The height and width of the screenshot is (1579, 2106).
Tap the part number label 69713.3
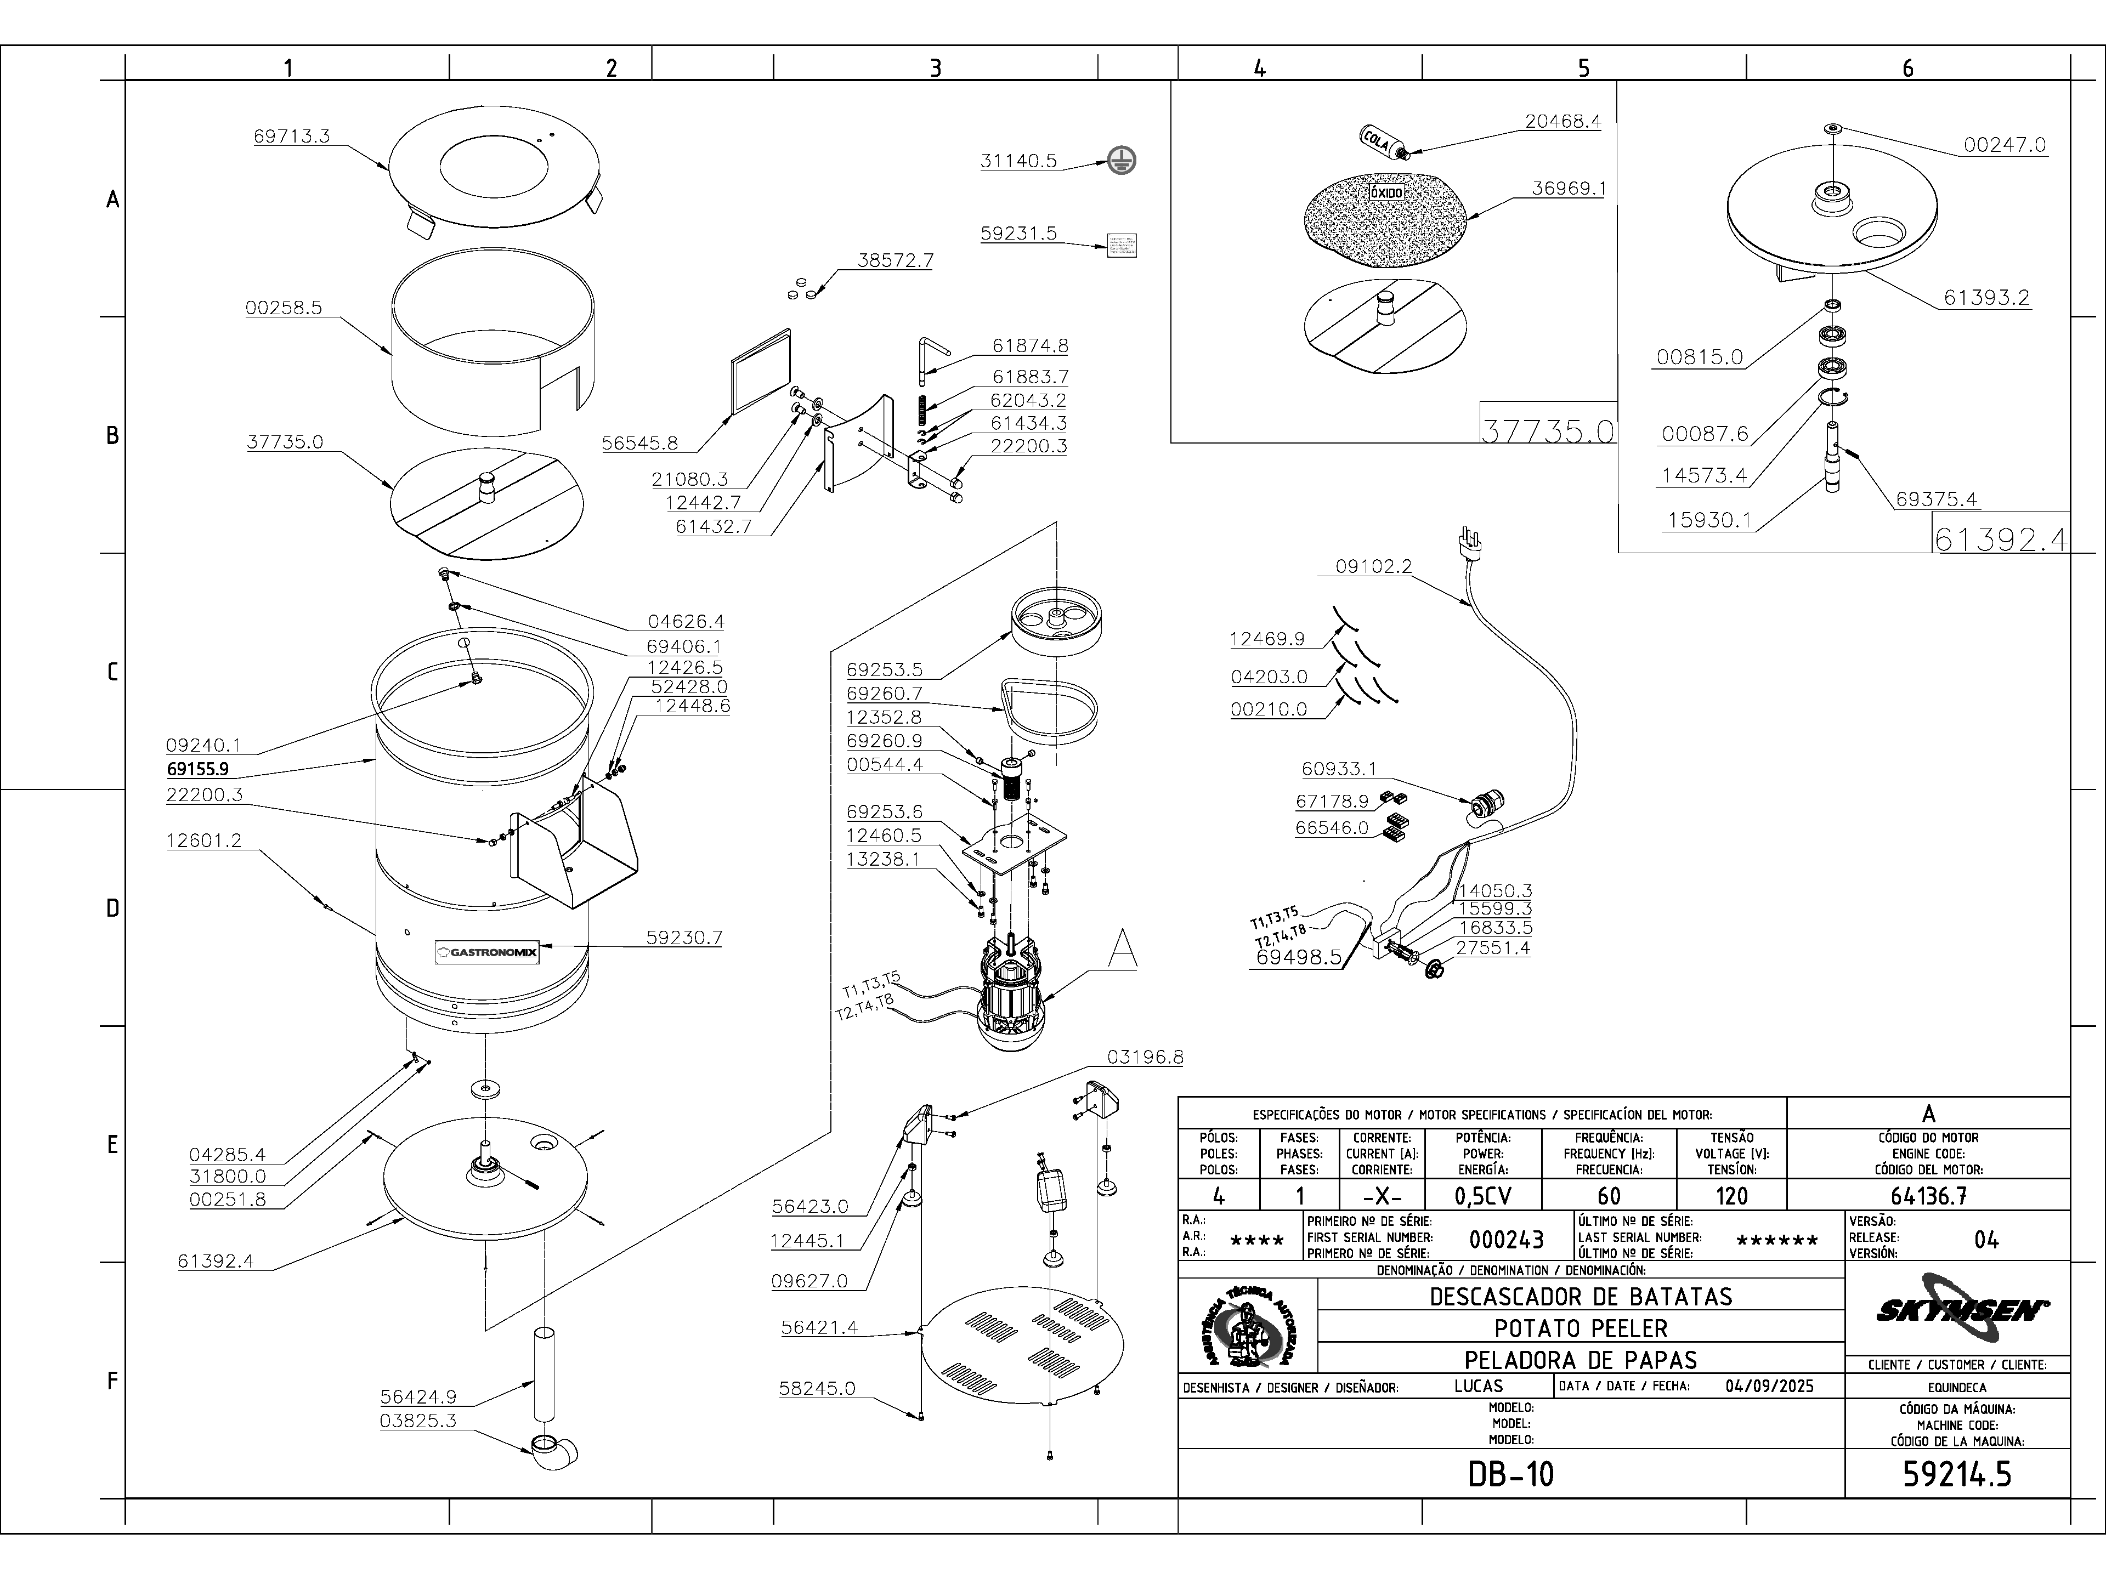[x=291, y=136]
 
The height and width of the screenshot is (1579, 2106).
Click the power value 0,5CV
[x=1484, y=1195]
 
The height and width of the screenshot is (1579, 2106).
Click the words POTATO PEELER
[x=1581, y=1328]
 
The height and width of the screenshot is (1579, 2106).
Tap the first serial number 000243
[x=1506, y=1239]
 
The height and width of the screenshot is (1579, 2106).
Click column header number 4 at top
[x=1260, y=67]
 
